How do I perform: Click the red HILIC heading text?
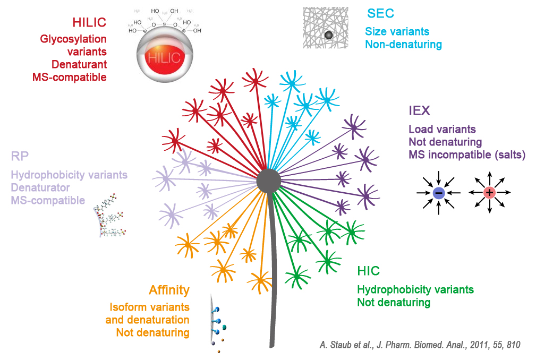[x=89, y=22]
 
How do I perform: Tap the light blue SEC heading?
[x=380, y=13]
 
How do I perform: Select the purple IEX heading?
[x=419, y=111]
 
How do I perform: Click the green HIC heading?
[x=368, y=271]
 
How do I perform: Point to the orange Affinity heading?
[x=168, y=290]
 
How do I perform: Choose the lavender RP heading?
[x=19, y=156]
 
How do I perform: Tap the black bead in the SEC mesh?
[x=328, y=35]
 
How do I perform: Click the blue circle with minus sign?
[x=438, y=193]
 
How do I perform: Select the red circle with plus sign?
[x=489, y=193]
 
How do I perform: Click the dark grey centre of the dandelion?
[x=268, y=181]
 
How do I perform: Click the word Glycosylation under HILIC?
[x=73, y=39]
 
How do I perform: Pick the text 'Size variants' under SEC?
[x=397, y=32]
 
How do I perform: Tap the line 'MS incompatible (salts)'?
[x=467, y=155]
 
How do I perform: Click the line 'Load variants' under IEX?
[x=442, y=129]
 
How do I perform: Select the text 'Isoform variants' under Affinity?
[x=149, y=307]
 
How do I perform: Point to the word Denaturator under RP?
[x=40, y=187]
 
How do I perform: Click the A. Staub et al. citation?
[x=420, y=345]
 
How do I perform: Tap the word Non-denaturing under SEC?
[x=403, y=44]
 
